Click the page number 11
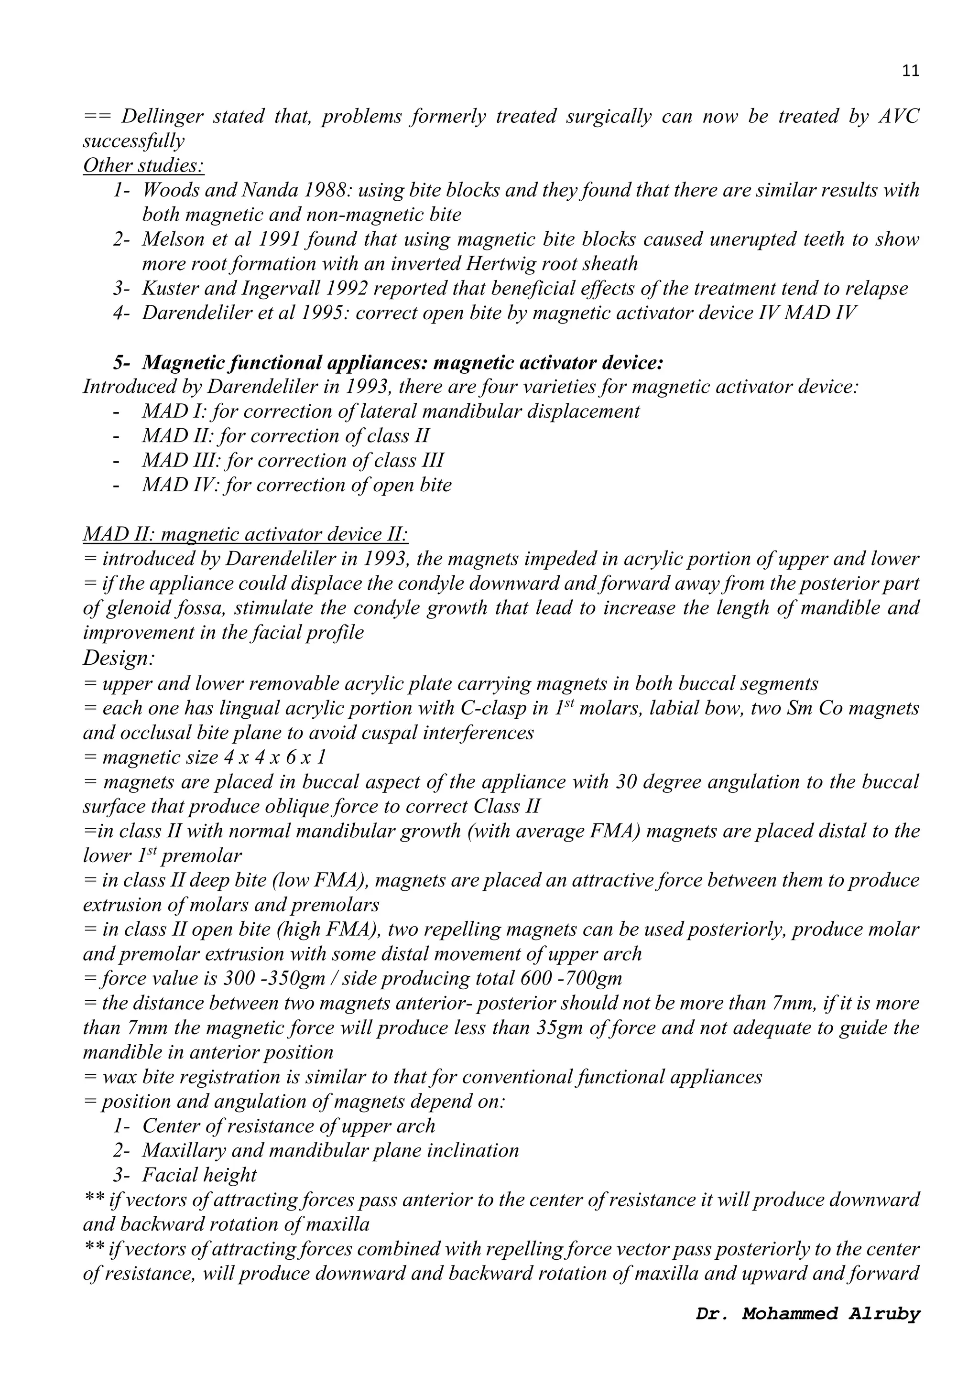click(x=910, y=71)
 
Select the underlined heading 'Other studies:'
click(x=143, y=165)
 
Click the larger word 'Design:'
click(x=119, y=658)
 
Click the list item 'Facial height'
click(x=199, y=1175)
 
